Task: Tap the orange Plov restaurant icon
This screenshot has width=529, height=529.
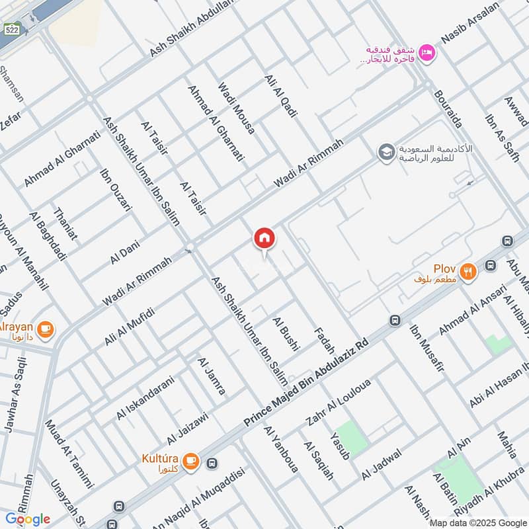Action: click(469, 270)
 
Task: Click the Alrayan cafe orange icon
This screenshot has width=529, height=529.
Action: click(46, 328)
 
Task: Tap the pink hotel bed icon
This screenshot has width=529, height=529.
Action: click(428, 52)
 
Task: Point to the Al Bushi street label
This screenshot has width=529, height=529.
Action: click(286, 333)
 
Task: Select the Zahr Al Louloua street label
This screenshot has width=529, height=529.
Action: click(339, 401)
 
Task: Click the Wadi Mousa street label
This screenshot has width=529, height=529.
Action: click(237, 108)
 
